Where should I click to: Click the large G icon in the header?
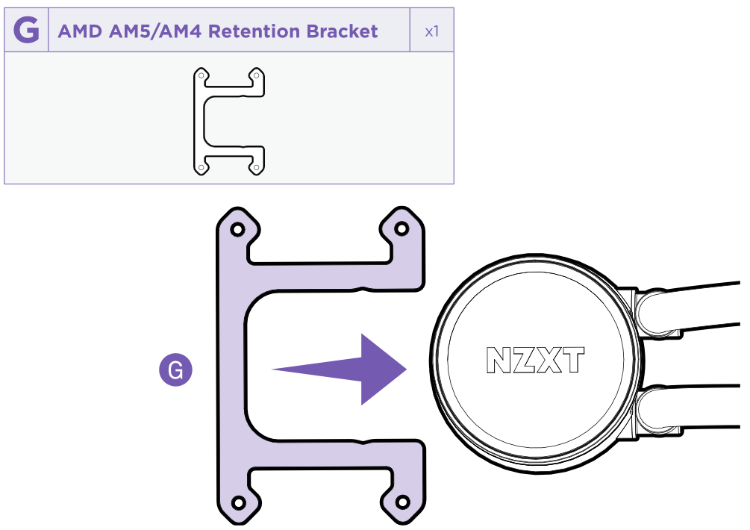pyautogui.click(x=26, y=31)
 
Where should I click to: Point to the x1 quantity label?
pyautogui.click(x=431, y=31)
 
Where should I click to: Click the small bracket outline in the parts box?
pyautogui.click(x=229, y=122)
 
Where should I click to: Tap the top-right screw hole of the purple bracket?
pyautogui.click(x=401, y=228)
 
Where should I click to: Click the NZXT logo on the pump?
pyautogui.click(x=535, y=361)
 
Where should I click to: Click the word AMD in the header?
pyautogui.click(x=78, y=31)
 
